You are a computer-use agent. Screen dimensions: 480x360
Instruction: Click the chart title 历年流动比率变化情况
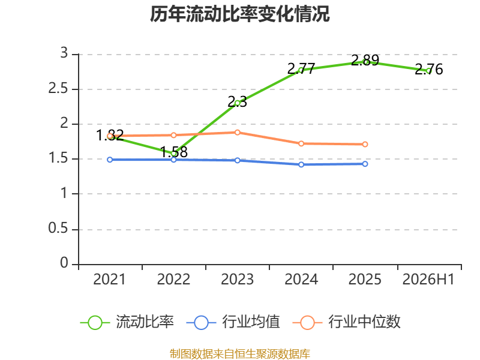(239, 14)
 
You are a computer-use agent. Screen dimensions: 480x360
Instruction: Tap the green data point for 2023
(238, 103)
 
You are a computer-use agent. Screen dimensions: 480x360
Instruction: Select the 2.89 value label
(365, 60)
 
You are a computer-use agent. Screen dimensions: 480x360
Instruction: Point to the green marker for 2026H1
(428, 71)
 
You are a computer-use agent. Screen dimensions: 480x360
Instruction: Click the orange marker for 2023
(238, 132)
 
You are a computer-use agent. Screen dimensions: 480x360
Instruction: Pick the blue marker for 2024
(301, 164)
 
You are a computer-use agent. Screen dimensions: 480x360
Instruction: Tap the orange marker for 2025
(365, 144)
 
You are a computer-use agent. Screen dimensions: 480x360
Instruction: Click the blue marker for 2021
(110, 160)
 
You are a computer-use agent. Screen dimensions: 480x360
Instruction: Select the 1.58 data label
(174, 152)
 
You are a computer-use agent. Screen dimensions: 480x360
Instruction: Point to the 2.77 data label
(301, 68)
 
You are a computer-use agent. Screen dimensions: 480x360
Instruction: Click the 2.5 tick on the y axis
(58, 89)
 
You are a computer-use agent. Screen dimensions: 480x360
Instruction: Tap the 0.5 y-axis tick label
(58, 229)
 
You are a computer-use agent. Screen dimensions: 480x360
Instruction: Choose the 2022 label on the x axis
(173, 279)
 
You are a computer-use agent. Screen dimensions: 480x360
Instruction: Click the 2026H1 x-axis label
(428, 279)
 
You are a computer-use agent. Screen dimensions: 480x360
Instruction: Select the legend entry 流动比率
(127, 322)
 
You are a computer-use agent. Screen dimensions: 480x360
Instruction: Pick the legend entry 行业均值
(233, 322)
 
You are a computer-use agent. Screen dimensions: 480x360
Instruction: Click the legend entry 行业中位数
(347, 322)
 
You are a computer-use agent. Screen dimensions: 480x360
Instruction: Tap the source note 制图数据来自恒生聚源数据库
(240, 354)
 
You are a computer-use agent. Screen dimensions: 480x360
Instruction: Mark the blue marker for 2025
(365, 164)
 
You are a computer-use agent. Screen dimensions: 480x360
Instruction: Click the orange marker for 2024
(301, 143)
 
